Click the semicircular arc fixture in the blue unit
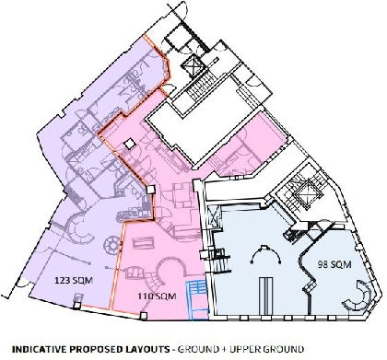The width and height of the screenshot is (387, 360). click(266, 252)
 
